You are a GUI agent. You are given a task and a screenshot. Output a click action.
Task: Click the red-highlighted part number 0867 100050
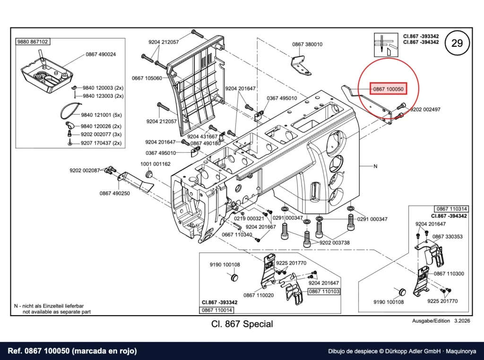[x=389, y=89]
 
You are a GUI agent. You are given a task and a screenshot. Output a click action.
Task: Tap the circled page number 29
[x=457, y=43]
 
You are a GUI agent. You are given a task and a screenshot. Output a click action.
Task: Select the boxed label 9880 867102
[x=33, y=42]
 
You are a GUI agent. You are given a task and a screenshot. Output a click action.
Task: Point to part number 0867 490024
[x=101, y=54]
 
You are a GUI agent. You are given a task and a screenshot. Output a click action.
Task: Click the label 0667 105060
[x=147, y=78]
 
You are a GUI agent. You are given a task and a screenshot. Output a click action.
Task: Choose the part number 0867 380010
[x=307, y=44]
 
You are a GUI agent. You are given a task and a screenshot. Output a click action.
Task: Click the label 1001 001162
[x=155, y=164]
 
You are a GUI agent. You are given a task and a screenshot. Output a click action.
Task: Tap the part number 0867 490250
[x=114, y=193]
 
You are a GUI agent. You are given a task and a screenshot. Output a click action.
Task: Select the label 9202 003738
[x=335, y=243]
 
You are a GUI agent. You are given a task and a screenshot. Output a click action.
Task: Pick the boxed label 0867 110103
[x=324, y=291]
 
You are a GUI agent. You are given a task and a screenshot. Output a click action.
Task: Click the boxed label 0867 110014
[x=216, y=310]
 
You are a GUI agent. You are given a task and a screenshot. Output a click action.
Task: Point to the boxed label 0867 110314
[x=452, y=209]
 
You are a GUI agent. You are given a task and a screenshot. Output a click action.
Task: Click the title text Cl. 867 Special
[x=242, y=324]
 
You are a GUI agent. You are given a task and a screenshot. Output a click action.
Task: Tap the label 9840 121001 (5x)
[x=101, y=115]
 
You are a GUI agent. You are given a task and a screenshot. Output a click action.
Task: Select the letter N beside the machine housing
[x=375, y=166]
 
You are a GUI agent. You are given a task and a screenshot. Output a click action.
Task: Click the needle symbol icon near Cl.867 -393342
[x=386, y=45]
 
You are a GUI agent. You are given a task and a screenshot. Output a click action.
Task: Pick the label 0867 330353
[x=447, y=237]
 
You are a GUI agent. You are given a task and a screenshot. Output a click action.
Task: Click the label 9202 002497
[x=425, y=110]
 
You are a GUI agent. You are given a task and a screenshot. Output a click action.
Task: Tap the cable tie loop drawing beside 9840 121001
[x=71, y=111]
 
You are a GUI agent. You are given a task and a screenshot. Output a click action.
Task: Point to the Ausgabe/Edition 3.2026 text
[x=441, y=321]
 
